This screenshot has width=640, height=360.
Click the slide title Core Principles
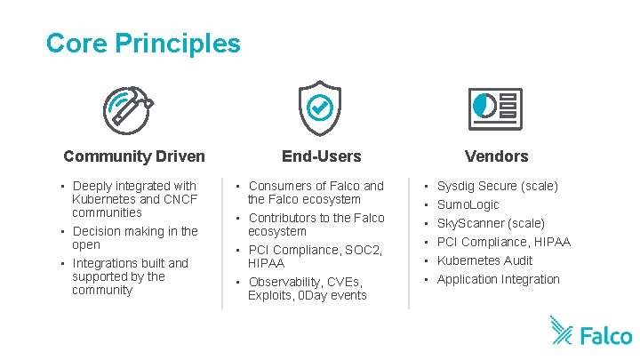pos(143,43)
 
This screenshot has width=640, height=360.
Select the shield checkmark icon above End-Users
pos(318,108)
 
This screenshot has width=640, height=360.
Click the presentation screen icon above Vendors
pos(495,109)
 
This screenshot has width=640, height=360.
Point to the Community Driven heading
pos(134,156)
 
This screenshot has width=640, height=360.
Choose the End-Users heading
pos(322,156)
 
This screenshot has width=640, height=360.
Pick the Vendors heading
pos(496,156)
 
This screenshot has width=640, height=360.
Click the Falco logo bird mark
pos(562,330)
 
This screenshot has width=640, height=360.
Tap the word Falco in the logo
pos(606,335)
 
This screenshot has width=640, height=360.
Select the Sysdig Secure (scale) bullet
pos(498,186)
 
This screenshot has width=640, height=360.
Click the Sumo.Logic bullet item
pos(468,204)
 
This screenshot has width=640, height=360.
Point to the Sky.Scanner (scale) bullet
pos(491,223)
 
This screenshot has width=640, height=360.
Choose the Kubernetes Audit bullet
pos(485,260)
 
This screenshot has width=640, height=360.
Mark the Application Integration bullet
pos(499,279)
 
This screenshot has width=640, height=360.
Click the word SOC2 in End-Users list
pos(364,250)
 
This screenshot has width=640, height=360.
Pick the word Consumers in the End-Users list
pos(279,186)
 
